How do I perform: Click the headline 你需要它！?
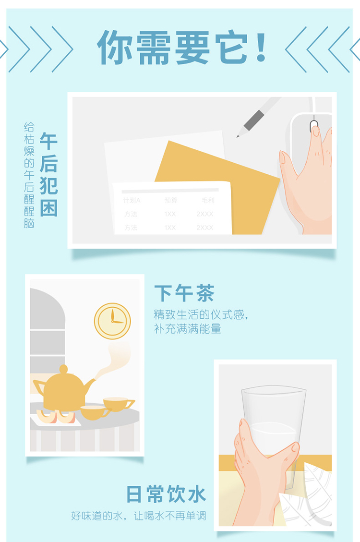coord(182,48)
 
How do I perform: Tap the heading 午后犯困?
coord(48,174)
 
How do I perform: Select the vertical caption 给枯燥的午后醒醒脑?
coord(29,175)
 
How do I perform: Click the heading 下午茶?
coord(184,293)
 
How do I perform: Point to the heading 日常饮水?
coord(166,494)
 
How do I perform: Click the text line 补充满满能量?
coord(187,329)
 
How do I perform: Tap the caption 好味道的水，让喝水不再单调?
coord(139,516)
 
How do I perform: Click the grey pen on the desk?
coord(258,117)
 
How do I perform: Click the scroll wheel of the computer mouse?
coord(314,126)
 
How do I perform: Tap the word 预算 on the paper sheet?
coord(171,200)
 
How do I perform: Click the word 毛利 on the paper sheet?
coord(208,200)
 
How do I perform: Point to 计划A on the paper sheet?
coord(132,200)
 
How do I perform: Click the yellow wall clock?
coord(112,321)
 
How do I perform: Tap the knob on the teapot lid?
coord(63,369)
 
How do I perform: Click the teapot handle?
coord(39,388)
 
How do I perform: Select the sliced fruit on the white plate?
coord(56,417)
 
